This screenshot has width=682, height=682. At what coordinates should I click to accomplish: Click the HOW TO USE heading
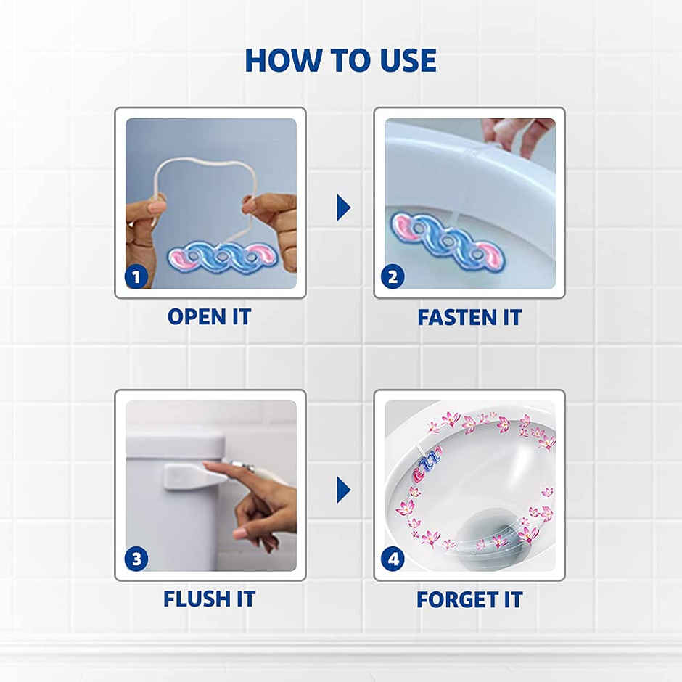(340, 60)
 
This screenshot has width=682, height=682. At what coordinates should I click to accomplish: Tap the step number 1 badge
(136, 276)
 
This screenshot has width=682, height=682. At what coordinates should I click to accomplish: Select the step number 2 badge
(393, 276)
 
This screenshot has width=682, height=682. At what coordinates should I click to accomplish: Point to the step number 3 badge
(136, 559)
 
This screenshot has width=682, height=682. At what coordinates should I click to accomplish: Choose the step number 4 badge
(393, 559)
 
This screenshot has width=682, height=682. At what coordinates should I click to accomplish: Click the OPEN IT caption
(209, 317)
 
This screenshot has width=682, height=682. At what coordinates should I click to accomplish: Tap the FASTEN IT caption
(469, 317)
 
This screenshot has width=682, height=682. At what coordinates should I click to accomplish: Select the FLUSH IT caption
(209, 599)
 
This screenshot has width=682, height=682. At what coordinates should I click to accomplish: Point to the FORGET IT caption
(469, 599)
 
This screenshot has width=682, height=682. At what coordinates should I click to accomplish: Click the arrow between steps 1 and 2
(342, 208)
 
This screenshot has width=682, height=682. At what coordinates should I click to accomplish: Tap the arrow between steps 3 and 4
(342, 490)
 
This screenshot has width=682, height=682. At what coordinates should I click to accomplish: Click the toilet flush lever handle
(190, 475)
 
